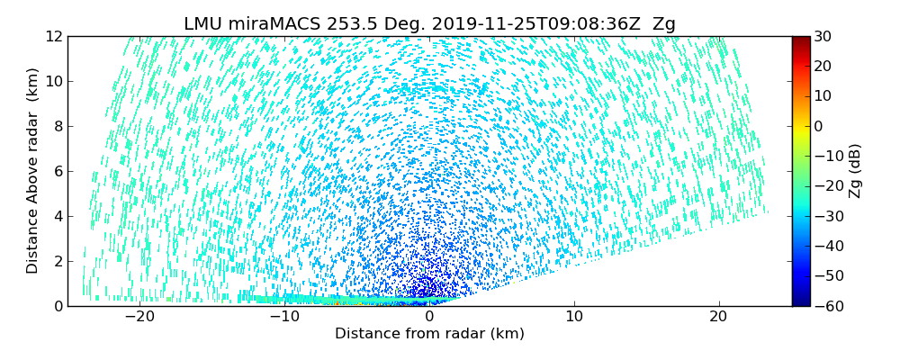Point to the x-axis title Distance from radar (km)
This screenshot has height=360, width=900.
coord(429,334)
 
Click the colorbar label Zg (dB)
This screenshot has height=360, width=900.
coord(855,171)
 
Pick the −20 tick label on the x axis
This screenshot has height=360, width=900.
coord(139,317)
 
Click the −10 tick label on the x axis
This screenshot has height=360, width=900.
coord(284,317)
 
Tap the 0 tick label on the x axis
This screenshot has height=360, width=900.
coord(429,317)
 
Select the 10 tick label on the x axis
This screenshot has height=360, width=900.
coord(574,317)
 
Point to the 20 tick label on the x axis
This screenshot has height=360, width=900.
coord(718,317)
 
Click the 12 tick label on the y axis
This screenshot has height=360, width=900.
coord(54,37)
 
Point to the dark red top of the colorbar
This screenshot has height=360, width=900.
coord(800,40)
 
